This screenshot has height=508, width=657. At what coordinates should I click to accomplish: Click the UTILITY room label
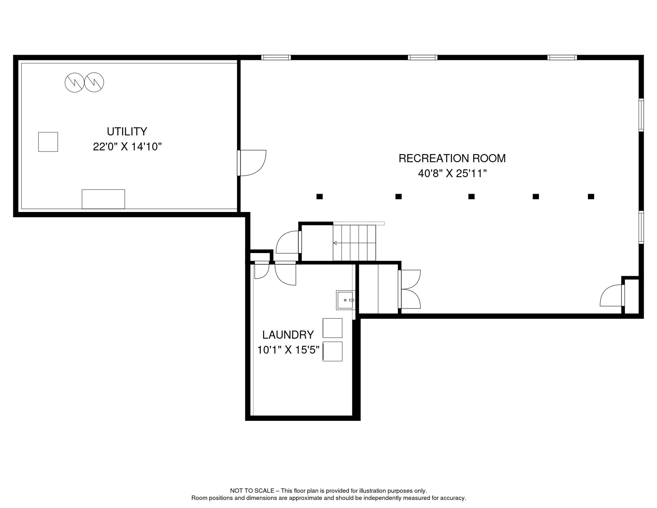coord(127,132)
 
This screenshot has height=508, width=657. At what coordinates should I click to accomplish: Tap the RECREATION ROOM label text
coord(452,158)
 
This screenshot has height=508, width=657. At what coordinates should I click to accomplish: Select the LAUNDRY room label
coord(288,335)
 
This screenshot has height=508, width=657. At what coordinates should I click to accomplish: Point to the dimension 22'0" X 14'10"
coord(127,147)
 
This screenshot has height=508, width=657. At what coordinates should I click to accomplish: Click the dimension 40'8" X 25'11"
coord(452,173)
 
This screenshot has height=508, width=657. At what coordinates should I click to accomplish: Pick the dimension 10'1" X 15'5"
coord(288,350)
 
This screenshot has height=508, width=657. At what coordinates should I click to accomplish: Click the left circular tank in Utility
coord(74,82)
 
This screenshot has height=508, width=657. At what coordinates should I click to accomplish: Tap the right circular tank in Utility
coord(94,82)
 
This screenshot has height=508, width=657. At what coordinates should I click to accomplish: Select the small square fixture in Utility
coord(48,142)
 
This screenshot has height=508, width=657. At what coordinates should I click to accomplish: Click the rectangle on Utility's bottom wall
coord(103,199)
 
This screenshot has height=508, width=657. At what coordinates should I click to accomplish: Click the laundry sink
coord(345,300)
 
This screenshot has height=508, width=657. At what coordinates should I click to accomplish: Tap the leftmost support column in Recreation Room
coord(320,196)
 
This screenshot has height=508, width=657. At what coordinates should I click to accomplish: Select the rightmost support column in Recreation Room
coord(591,196)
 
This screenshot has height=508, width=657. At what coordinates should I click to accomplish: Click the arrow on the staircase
coord(335,243)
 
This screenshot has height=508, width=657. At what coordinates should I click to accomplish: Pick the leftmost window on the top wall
coord(276,58)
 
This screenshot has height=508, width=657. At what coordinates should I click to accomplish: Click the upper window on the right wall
coord(641,115)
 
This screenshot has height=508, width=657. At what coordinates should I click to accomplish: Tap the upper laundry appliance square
coord(332,328)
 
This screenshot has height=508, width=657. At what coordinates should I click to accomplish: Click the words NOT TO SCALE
coord(252,491)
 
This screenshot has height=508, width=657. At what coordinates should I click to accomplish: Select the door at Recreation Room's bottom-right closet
coord(612,296)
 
